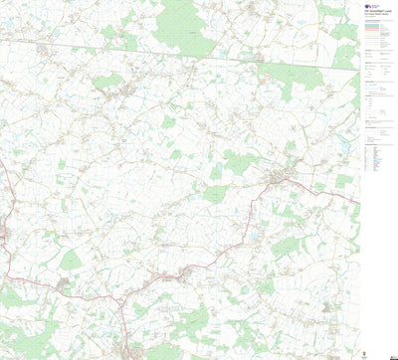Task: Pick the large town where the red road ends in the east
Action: click(282, 178)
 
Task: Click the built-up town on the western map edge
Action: click(4, 235)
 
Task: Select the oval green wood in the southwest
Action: click(71, 261)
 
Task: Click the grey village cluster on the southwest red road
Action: click(65, 282)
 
